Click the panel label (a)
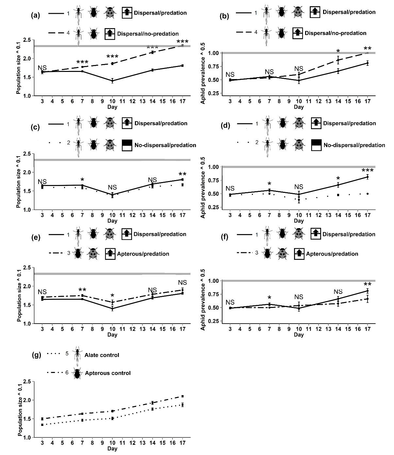coord(35,15)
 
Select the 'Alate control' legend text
coord(102,355)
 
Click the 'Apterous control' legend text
coord(108,373)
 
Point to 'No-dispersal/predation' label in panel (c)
coord(165,145)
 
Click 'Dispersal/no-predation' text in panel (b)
coord(336,33)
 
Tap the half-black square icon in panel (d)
coord(316,145)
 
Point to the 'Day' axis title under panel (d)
coord(299,221)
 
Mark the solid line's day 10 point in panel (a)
coord(112,81)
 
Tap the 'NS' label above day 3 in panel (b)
coord(230,75)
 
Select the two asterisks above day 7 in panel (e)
coord(82,290)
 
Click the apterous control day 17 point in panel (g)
coord(182,396)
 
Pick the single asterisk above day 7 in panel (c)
coord(82,180)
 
